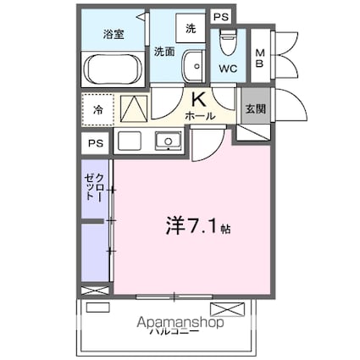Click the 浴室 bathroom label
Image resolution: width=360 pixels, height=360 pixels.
(x=114, y=34)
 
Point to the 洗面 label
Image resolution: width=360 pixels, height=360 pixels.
(x=164, y=52)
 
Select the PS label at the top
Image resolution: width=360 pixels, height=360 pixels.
(x=219, y=16)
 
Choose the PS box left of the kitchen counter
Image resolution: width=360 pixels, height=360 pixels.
(x=96, y=143)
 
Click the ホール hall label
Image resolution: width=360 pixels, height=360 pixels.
(x=200, y=114)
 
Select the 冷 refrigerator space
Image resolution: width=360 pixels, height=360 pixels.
(x=98, y=110)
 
